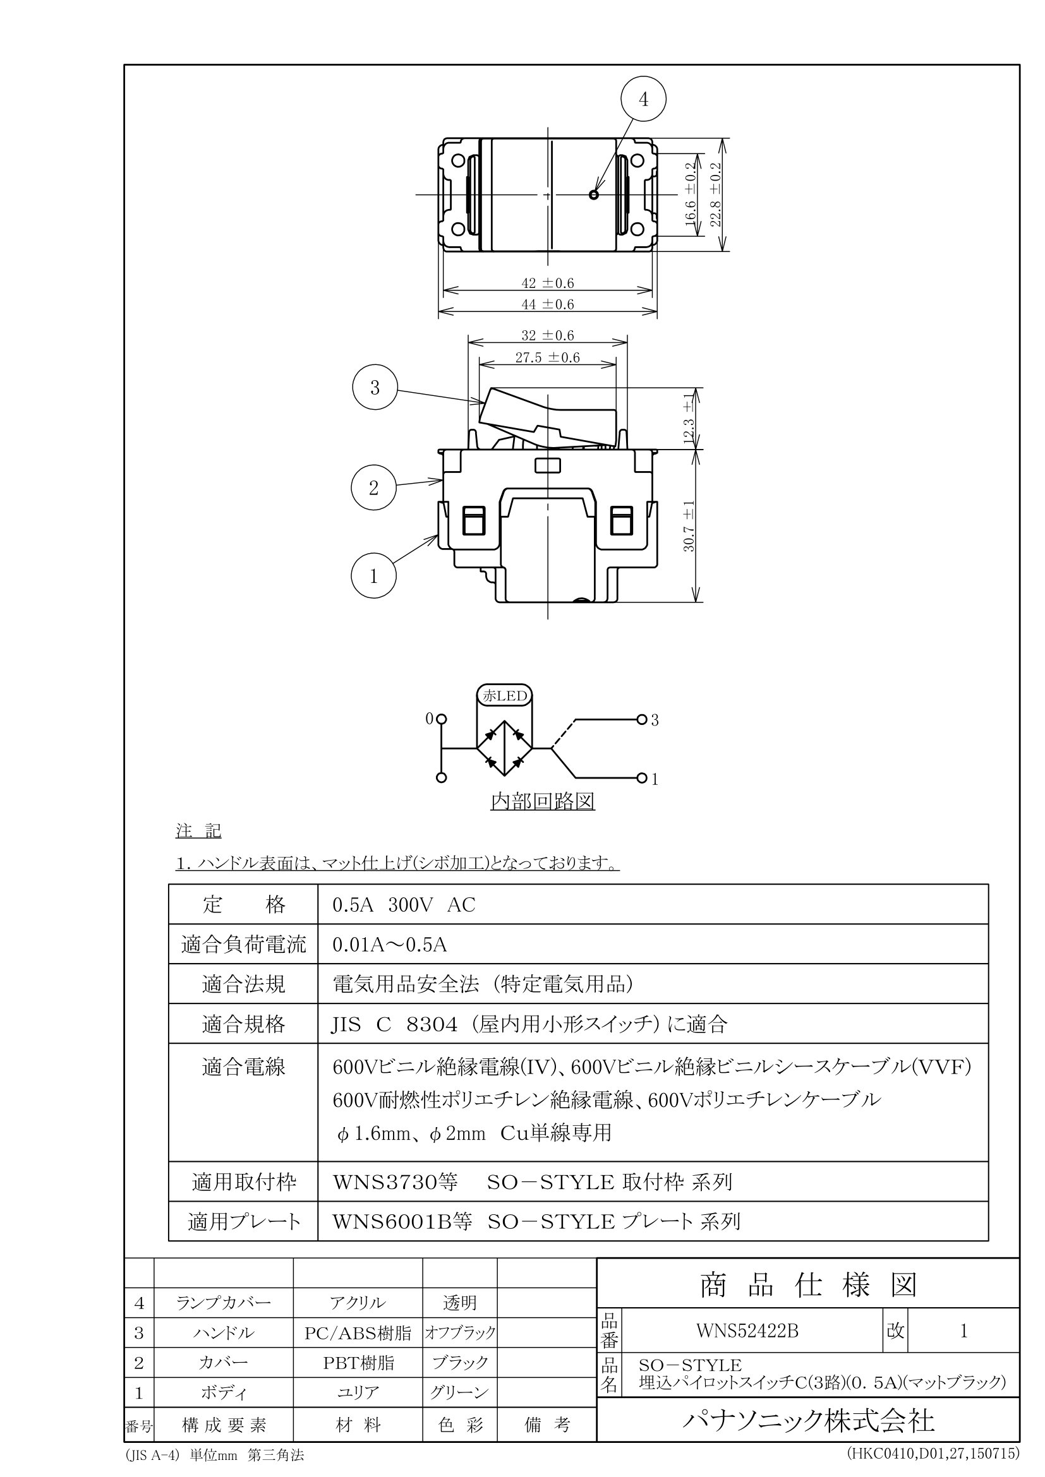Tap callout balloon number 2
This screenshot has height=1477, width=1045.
click(x=374, y=488)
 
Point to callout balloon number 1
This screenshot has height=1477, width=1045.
click(x=374, y=577)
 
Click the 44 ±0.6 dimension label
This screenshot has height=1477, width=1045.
click(x=548, y=304)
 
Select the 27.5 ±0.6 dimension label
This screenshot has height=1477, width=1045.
click(x=548, y=357)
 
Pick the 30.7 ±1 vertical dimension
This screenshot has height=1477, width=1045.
click(x=689, y=525)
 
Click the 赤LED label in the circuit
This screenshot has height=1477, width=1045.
click(x=505, y=695)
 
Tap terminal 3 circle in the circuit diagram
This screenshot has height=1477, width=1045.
click(x=641, y=719)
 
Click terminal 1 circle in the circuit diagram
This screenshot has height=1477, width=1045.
click(x=641, y=779)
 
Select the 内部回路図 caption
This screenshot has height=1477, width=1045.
click(x=543, y=801)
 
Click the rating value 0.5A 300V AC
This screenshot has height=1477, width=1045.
click(x=404, y=905)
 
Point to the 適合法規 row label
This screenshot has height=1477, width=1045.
click(x=243, y=985)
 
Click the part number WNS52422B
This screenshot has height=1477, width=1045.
click(x=747, y=1331)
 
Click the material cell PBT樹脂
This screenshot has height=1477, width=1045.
click(x=358, y=1363)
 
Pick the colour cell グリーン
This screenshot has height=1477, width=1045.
click(x=459, y=1393)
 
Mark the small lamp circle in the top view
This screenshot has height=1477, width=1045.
click(x=593, y=194)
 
